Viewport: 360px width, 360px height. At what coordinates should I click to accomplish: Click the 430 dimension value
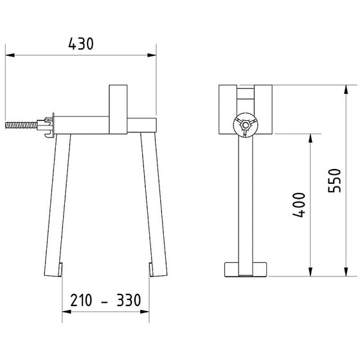(81, 44)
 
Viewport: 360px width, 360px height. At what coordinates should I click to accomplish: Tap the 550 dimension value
(334, 181)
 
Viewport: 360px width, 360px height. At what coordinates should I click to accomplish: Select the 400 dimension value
(299, 205)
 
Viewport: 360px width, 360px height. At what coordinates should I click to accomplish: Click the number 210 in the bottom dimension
(81, 300)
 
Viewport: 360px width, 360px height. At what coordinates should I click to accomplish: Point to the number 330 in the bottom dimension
(129, 300)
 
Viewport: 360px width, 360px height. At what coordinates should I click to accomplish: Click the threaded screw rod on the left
(21, 125)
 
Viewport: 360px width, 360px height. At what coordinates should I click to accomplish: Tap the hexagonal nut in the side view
(246, 125)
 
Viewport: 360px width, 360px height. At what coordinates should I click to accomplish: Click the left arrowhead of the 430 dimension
(10, 55)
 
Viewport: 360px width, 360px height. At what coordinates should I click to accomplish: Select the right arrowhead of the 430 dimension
(152, 55)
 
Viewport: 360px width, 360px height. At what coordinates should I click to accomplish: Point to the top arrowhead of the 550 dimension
(346, 89)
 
